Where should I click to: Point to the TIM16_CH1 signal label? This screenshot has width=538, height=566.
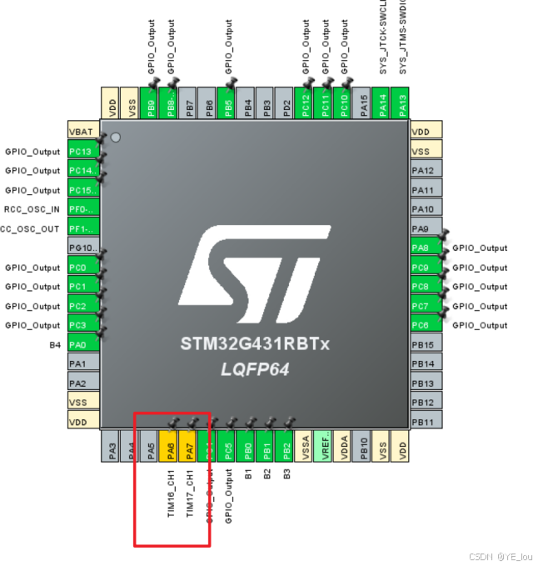coord(170,493)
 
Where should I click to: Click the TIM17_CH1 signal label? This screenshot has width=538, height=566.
coord(189,493)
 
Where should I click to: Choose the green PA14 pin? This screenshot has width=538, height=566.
coord(381,103)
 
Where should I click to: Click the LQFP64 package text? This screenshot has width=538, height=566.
coord(255,368)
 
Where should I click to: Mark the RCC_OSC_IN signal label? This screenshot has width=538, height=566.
coord(32,210)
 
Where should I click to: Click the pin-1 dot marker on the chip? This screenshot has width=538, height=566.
coord(116,137)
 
